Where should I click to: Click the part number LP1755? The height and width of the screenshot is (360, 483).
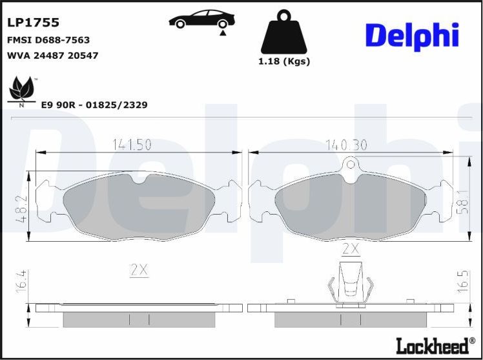[33, 23]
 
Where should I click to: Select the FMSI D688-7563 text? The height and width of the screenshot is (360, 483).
[48, 40]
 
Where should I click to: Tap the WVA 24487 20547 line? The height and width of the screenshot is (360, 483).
[52, 56]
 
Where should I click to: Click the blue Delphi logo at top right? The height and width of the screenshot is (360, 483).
[411, 36]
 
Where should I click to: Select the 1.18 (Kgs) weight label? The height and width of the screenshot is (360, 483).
[284, 62]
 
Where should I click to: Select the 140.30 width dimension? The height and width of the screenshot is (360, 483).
[345, 145]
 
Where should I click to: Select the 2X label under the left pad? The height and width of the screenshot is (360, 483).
[139, 271]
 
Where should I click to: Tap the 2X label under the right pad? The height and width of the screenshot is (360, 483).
[350, 249]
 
